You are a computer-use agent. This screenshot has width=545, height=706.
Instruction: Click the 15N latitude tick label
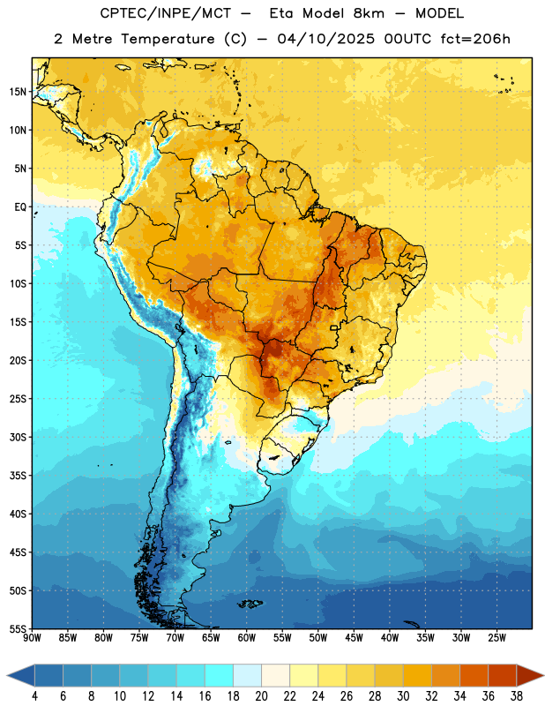click(18, 92)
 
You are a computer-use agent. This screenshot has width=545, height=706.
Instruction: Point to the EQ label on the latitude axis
click(20, 207)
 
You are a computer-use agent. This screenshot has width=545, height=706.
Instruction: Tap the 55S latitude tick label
click(18, 628)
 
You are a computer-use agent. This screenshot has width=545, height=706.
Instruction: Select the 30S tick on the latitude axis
click(18, 437)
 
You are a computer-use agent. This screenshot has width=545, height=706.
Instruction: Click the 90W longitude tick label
click(32, 638)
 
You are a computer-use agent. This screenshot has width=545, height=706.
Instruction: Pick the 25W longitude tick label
click(496, 638)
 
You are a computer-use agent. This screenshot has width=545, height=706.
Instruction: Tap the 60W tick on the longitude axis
click(247, 638)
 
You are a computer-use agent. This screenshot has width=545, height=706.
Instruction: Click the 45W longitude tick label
click(355, 638)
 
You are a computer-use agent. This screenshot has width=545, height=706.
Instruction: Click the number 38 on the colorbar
click(517, 696)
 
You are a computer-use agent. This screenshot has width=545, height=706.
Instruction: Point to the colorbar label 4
click(34, 696)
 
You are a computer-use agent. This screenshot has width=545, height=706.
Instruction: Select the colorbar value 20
click(261, 696)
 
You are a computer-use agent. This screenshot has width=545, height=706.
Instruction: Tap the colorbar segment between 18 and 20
click(247, 676)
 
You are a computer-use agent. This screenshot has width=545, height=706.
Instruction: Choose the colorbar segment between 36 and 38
click(503, 676)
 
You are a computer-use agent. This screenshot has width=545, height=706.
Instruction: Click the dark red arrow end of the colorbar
click(529, 676)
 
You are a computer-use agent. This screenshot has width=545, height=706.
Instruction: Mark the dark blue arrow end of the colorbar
click(21, 676)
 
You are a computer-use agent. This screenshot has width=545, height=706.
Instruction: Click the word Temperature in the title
click(168, 39)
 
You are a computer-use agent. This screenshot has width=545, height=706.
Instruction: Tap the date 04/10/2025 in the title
click(325, 39)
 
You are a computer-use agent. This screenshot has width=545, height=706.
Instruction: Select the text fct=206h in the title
click(475, 39)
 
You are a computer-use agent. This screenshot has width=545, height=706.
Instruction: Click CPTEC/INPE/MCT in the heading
click(165, 13)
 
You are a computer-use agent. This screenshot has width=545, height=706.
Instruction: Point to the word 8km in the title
click(369, 13)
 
